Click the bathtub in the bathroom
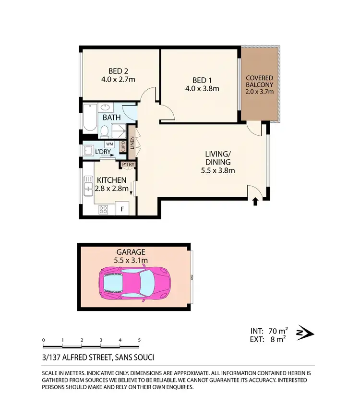coord(90,118)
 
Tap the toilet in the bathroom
coord(104,130)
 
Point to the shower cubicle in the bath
coord(119,130)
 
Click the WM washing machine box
coord(109,143)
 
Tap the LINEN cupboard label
coord(132,143)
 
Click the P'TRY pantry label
coord(128,165)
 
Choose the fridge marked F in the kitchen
coord(122,209)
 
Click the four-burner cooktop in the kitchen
coord(104,209)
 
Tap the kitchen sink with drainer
coord(89,186)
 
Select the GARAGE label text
coord(130,251)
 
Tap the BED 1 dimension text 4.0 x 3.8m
coord(202,88)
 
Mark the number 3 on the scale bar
coord(101,340)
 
